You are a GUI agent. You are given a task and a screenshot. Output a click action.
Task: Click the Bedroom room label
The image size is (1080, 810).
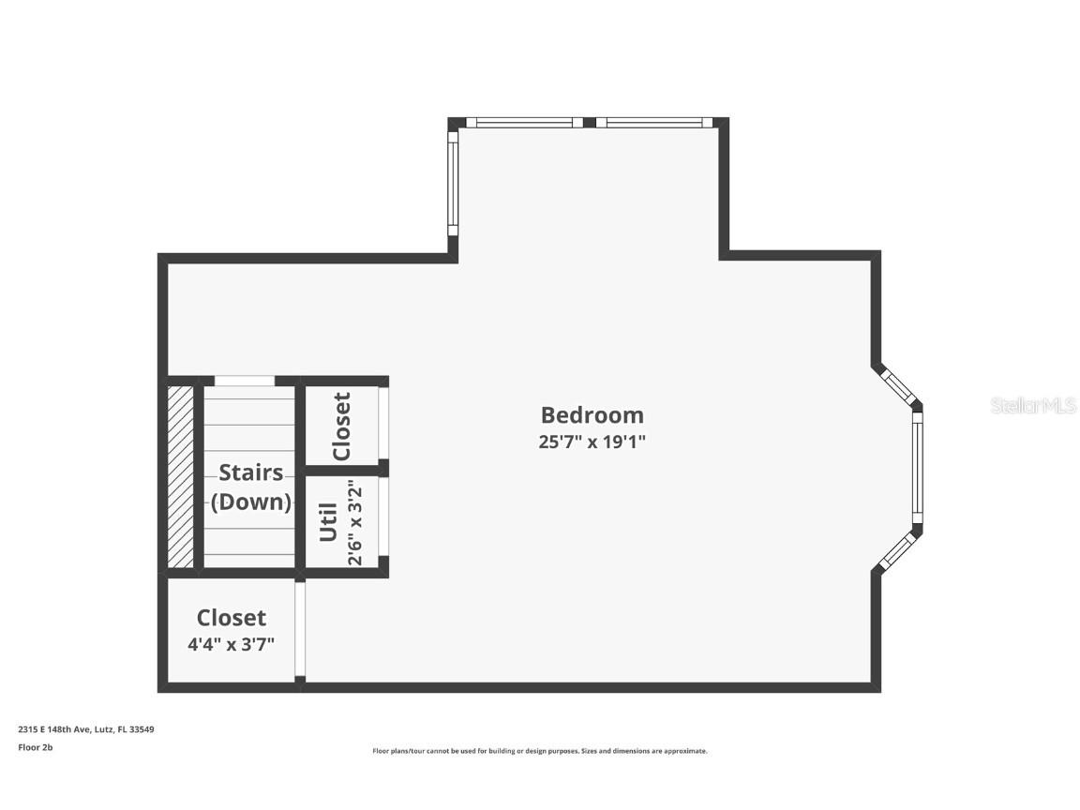592,414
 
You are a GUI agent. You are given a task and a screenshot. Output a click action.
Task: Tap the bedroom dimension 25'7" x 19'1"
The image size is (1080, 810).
592,442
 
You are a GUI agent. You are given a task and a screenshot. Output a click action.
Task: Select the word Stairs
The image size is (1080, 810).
250,472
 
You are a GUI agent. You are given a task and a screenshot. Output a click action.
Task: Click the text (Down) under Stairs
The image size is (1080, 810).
250,502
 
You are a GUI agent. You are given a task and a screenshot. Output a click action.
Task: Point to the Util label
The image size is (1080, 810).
328,522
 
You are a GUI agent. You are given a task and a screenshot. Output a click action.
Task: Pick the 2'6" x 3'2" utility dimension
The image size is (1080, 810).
355,522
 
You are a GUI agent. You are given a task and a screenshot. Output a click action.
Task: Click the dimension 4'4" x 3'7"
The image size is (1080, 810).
231,645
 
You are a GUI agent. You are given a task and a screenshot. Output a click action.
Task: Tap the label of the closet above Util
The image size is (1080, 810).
341,426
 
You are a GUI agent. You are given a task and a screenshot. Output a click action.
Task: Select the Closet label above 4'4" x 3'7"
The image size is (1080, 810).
231,618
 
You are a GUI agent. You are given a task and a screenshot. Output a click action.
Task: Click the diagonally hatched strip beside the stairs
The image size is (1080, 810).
180,476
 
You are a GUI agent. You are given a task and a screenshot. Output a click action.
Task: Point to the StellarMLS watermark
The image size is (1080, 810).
1033,405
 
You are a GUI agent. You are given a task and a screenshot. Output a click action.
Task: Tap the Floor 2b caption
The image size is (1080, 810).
36,747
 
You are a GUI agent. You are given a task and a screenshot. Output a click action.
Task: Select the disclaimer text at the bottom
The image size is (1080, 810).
540,751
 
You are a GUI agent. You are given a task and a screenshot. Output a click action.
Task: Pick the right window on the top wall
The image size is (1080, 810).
649,122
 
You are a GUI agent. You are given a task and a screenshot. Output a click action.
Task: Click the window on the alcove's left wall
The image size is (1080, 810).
452,183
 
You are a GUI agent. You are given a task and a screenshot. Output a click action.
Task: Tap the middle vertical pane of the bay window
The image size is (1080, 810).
918,469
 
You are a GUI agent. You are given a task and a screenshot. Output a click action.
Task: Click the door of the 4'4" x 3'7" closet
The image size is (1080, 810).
300,630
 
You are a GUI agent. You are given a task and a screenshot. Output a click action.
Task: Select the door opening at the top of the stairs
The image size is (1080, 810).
245,381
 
